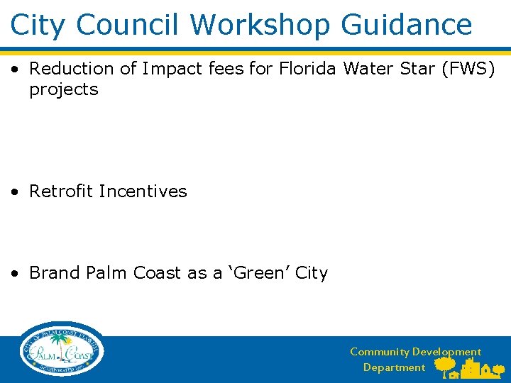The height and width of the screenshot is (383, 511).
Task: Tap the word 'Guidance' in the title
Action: pos(407,24)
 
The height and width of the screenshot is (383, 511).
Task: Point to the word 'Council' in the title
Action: pos(128,24)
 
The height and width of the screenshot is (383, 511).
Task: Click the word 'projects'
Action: pos(64,90)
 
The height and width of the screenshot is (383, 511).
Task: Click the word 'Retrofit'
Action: pos(61,191)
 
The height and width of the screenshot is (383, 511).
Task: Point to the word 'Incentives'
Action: pos(143,191)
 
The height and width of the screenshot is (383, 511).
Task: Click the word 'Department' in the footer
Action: pos(394,367)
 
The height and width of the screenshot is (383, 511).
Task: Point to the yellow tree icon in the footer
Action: pos(445,365)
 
